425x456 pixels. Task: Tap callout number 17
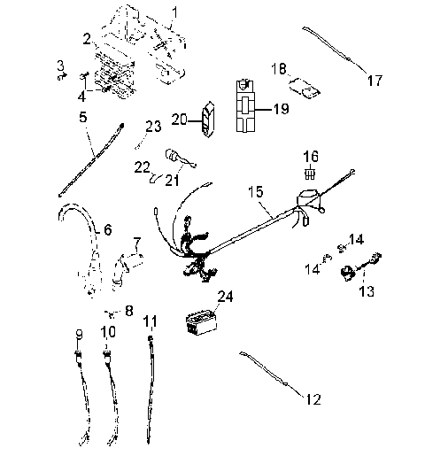click(x=375, y=81)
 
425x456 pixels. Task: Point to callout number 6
click(x=107, y=229)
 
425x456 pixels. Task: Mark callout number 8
click(x=129, y=311)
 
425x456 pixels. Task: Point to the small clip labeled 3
click(x=61, y=76)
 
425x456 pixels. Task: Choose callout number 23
click(x=153, y=127)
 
